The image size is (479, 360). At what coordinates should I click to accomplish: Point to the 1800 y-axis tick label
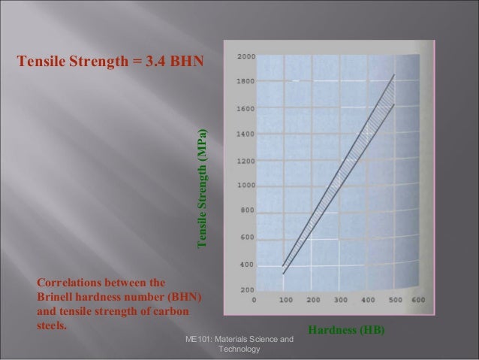click(246, 80)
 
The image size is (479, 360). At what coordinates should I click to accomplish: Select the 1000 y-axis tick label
click(246, 186)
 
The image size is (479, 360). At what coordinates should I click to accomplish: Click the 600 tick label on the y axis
click(246, 237)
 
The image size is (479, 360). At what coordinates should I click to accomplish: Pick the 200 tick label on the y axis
click(246, 290)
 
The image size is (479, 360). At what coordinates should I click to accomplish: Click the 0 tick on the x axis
click(254, 299)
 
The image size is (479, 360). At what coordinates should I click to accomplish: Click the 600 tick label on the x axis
click(418, 299)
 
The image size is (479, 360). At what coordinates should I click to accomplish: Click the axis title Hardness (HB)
click(346, 329)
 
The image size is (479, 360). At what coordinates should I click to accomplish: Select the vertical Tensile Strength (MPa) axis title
click(201, 189)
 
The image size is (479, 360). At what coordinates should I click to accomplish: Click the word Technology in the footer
click(238, 350)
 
